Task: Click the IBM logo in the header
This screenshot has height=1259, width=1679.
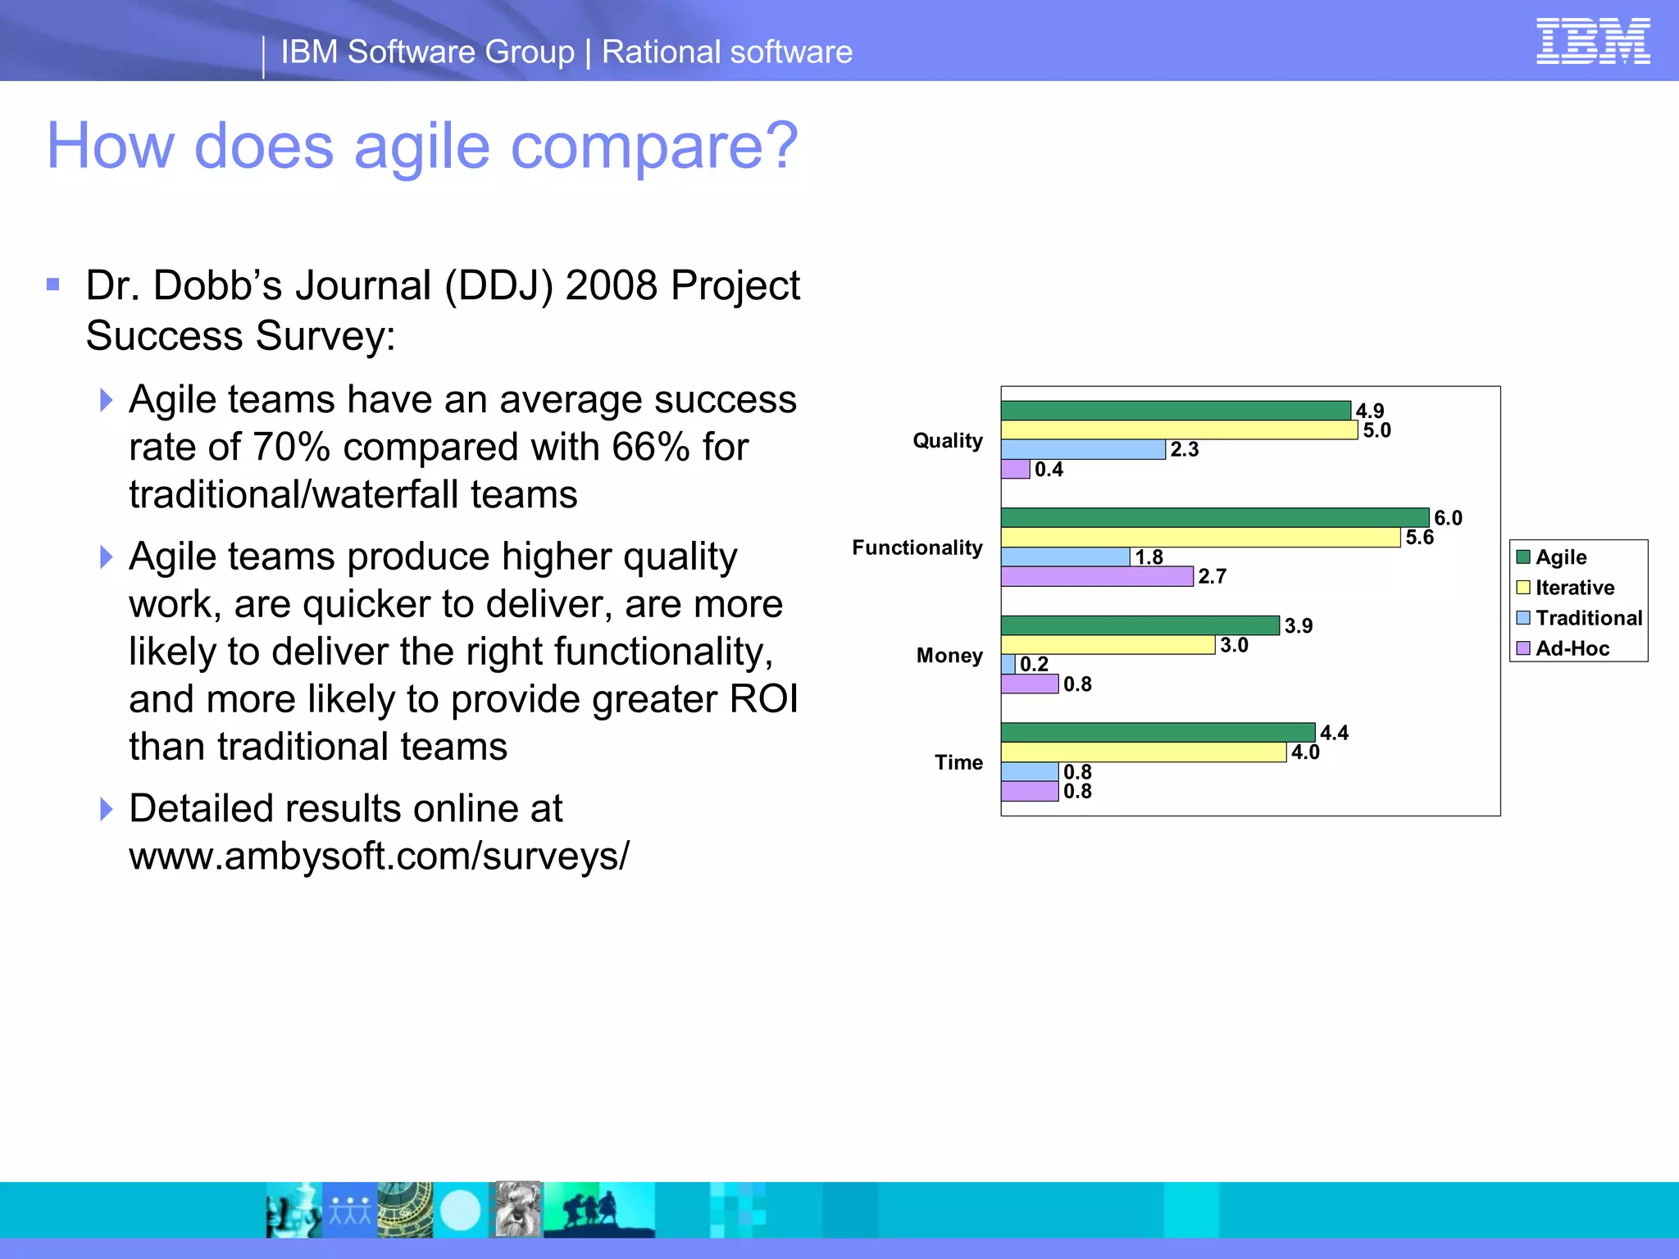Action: tap(1592, 41)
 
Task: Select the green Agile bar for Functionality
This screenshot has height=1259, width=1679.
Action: tap(1213, 517)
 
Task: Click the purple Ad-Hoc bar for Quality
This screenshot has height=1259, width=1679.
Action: tap(1015, 469)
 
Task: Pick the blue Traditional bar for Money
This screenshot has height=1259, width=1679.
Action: tap(1008, 664)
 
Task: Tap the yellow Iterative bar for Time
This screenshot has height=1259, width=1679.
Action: tap(1143, 752)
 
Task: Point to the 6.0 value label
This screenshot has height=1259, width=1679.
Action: tap(1448, 518)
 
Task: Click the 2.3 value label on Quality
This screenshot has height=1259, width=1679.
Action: tap(1184, 449)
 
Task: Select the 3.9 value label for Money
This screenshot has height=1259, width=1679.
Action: tap(1298, 625)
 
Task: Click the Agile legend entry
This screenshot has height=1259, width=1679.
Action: tap(1560, 557)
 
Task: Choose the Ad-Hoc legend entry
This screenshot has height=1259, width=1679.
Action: tap(1571, 648)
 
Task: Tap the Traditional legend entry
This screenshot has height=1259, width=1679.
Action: tap(1587, 618)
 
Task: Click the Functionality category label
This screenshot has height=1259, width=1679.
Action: tap(917, 548)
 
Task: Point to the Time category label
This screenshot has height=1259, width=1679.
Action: tap(958, 762)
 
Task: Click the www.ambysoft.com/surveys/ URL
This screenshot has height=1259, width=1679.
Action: tap(379, 856)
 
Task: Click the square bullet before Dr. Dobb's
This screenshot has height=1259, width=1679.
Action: tap(53, 285)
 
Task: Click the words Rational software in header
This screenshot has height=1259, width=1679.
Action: tap(726, 52)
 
